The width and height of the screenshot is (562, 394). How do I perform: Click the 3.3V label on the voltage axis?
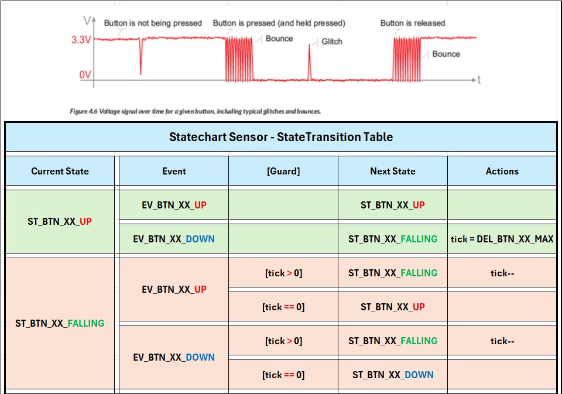tap(81, 39)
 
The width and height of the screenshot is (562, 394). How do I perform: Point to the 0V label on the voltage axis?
tap(85, 74)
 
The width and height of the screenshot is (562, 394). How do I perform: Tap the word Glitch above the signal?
tap(332, 42)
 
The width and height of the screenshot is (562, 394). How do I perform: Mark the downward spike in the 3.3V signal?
tap(141, 56)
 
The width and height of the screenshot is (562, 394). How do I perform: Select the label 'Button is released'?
tap(413, 23)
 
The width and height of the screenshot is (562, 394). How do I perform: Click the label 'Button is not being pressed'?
tap(153, 23)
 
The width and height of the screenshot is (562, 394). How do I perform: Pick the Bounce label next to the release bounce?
tap(446, 54)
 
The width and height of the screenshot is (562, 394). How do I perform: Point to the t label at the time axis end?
tap(479, 80)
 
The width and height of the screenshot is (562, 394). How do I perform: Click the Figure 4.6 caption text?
tap(196, 111)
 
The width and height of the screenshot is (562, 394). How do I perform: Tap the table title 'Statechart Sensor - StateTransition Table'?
tap(281, 137)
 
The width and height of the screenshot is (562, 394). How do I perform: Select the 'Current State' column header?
tap(60, 171)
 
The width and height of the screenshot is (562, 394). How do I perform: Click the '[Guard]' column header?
tap(283, 172)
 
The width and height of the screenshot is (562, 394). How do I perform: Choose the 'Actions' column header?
tap(502, 172)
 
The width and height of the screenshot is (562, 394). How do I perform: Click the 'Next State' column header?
tap(393, 171)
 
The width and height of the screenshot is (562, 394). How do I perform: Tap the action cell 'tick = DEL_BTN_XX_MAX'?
tap(502, 239)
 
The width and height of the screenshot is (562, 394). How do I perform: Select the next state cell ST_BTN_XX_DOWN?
tap(393, 375)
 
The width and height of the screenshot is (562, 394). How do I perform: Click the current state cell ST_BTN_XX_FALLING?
tap(60, 323)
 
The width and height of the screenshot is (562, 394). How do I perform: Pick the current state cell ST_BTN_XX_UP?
tap(60, 221)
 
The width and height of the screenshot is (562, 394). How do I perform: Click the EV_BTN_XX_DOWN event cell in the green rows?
tap(174, 239)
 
